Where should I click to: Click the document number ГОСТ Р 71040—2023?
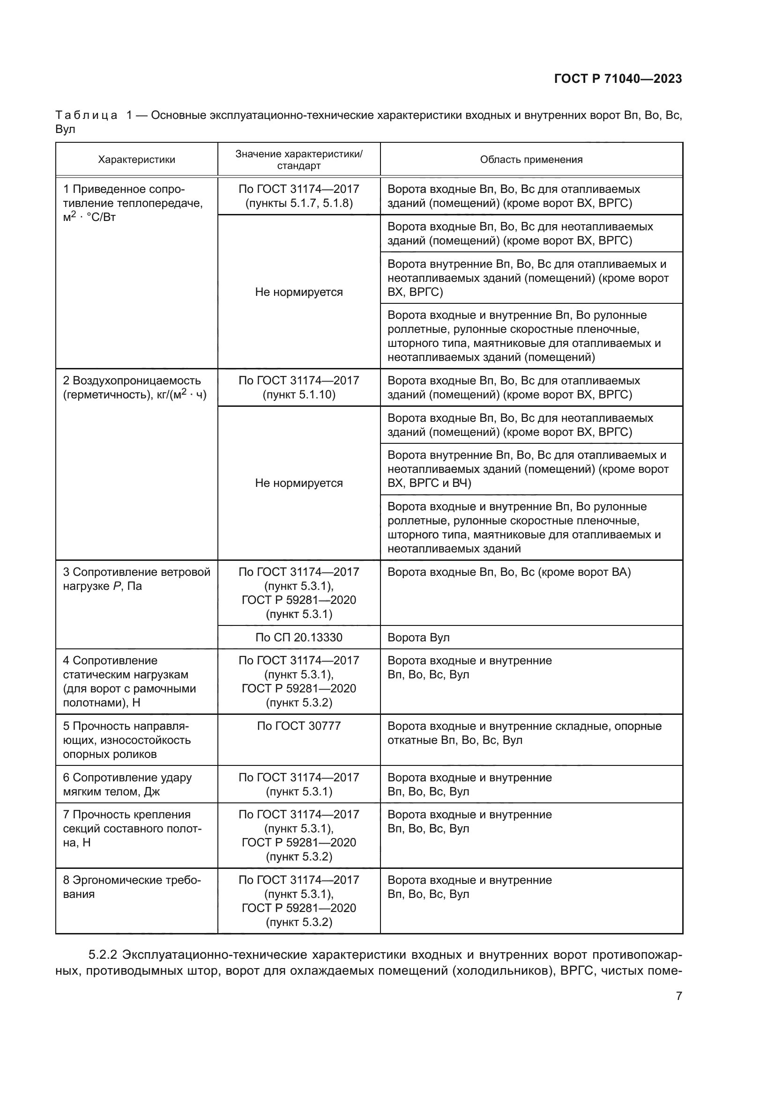(618, 79)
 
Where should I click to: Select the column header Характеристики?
(136, 160)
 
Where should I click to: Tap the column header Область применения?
(531, 160)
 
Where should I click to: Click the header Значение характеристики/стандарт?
(299, 160)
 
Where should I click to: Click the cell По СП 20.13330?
(299, 638)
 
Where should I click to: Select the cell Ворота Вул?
(418, 638)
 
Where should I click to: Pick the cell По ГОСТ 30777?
(299, 726)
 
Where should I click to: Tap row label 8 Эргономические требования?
(132, 887)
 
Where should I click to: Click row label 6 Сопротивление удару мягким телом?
(127, 785)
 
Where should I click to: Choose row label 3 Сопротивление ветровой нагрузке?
(136, 579)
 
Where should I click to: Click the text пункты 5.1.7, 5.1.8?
(299, 204)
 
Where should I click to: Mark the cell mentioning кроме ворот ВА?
(509, 572)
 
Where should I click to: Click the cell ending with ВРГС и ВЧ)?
(528, 469)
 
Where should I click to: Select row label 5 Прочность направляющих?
(127, 740)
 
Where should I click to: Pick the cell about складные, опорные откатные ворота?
(524, 733)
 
